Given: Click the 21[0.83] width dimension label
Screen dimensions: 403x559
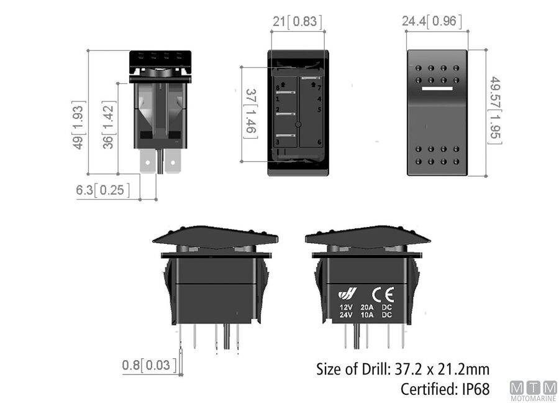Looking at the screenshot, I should [x=298, y=22].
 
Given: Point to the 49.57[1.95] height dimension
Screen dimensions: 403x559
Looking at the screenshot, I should [x=495, y=110].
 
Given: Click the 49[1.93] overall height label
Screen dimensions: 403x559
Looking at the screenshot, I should [x=78, y=125].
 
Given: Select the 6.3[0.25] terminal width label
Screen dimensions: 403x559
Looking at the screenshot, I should [x=103, y=190].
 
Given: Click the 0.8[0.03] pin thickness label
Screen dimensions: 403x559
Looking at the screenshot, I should [x=148, y=364].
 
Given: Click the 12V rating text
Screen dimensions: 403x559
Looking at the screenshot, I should [x=345, y=307].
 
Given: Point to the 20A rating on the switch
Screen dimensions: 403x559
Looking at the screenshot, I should [x=366, y=307].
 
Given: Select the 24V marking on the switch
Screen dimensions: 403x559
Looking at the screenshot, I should [x=345, y=315].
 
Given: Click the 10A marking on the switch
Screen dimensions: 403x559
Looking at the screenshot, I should [x=366, y=315].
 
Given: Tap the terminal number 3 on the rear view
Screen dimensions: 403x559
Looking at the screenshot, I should [x=277, y=142].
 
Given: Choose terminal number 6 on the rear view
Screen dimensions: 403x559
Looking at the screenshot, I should [x=319, y=142].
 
